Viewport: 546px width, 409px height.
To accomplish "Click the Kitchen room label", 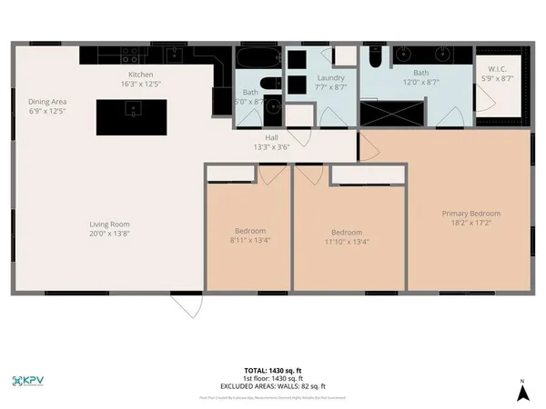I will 140,74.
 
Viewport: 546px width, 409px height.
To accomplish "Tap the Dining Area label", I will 47,102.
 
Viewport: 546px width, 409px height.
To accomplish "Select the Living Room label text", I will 109,224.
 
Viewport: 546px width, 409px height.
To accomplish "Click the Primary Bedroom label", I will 470,214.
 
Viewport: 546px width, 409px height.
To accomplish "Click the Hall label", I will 246,137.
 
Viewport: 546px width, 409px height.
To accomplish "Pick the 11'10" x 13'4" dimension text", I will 347,242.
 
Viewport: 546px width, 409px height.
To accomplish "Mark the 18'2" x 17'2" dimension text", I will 470,224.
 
